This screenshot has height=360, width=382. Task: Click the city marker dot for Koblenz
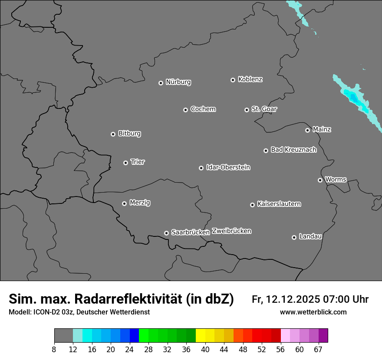pyautogui.click(x=233, y=80)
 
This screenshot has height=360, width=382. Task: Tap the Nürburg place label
pyautogui.click(x=178, y=82)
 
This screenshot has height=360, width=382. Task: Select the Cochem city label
pyautogui.click(x=203, y=109)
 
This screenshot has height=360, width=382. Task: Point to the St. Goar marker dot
pyautogui.click(x=247, y=110)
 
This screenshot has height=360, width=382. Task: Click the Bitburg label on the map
pyautogui.click(x=129, y=134)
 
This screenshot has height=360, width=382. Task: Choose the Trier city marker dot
pyautogui.click(x=126, y=163)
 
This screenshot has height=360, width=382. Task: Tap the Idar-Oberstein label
pyautogui.click(x=228, y=167)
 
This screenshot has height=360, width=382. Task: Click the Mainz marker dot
pyautogui.click(x=308, y=130)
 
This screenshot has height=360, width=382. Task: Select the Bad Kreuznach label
pyautogui.click(x=294, y=150)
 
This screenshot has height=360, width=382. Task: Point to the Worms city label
pyautogui.click(x=336, y=179)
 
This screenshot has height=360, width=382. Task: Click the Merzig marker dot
pyautogui.click(x=125, y=203)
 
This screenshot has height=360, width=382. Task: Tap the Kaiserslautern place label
pyautogui.click(x=279, y=204)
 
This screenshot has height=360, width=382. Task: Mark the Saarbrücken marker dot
pyautogui.click(x=166, y=233)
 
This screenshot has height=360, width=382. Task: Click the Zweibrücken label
pyautogui.click(x=231, y=231)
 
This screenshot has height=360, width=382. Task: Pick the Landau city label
pyautogui.click(x=310, y=236)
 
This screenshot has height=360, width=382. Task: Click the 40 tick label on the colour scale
pyautogui.click(x=205, y=350)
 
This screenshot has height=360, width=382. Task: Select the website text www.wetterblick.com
pyautogui.click(x=313, y=312)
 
